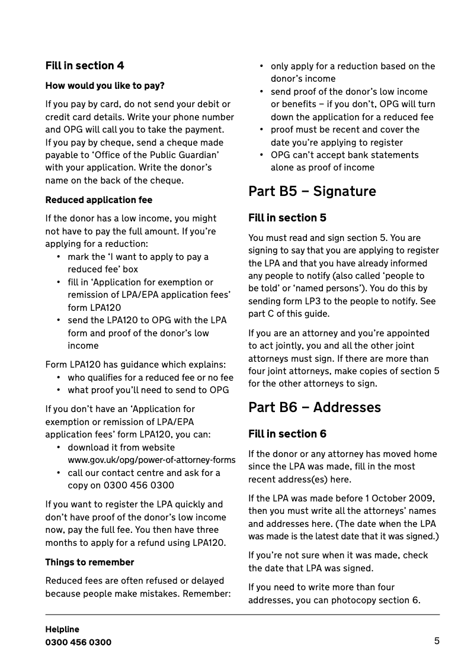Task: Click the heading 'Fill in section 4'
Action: (x=85, y=66)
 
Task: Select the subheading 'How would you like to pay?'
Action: (x=105, y=86)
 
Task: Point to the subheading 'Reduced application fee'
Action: (x=99, y=200)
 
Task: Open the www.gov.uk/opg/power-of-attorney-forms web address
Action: (x=152, y=460)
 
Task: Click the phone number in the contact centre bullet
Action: (x=139, y=485)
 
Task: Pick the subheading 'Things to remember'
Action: (x=90, y=562)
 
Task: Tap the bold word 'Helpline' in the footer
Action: (x=62, y=629)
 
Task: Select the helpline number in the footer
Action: (x=78, y=642)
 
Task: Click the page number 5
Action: (x=437, y=641)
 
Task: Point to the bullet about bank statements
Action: (x=344, y=161)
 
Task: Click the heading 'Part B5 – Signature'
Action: (x=312, y=191)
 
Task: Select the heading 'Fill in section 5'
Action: (x=287, y=218)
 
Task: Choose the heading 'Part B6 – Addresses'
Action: (x=315, y=407)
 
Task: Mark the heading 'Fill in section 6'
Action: (x=287, y=434)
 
